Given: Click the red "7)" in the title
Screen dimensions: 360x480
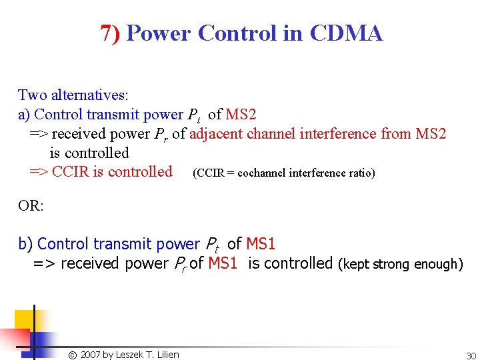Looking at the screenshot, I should click(x=110, y=33).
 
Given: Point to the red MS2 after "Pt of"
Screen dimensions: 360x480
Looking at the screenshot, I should click(x=241, y=115).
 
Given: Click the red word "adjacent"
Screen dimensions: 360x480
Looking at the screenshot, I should click(x=216, y=134).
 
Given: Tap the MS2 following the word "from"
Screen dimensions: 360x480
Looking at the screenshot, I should click(x=431, y=134).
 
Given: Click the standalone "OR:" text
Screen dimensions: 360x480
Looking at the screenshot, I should click(x=31, y=205).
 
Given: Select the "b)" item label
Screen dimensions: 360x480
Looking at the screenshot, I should click(x=25, y=245).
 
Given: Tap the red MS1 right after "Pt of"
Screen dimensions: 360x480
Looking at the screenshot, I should click(x=261, y=245).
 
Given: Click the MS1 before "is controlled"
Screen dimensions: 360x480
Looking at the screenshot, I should click(x=223, y=263).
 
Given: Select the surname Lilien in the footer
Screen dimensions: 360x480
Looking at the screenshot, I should click(x=167, y=355).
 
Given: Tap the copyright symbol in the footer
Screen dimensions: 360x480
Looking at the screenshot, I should click(x=73, y=355).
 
